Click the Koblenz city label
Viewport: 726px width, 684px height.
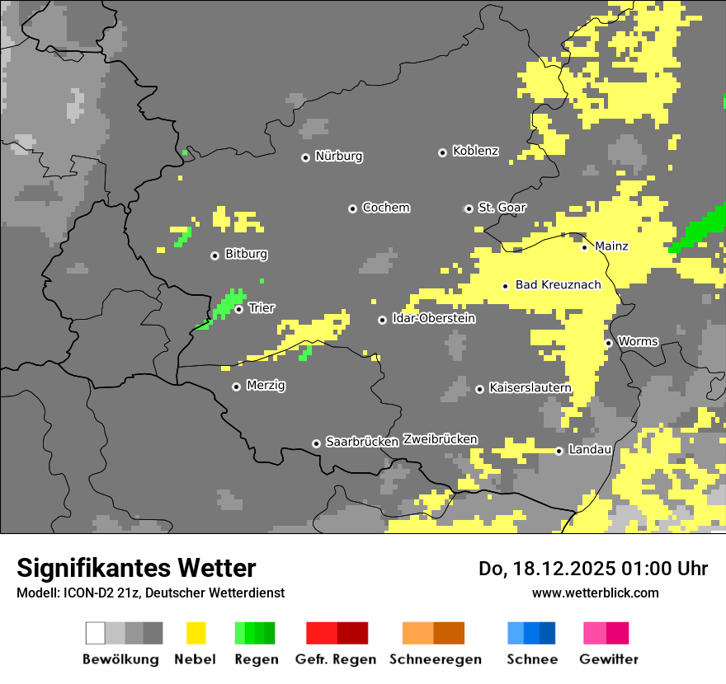pos(475,152)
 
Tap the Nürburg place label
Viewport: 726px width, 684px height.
pos(338,157)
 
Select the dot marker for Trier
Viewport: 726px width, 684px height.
pos(238,309)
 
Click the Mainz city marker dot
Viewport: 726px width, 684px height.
pos(584,247)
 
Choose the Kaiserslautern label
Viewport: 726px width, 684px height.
pos(530,388)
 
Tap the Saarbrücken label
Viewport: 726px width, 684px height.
pos(362,443)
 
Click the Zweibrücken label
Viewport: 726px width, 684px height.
pos(440,440)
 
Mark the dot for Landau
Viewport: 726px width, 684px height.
pos(559,451)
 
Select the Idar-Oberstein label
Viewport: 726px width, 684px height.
pos(433,319)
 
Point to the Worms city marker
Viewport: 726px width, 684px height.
pos(608,343)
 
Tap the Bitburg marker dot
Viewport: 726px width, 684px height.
pos(214,255)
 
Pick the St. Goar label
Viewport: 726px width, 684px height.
pos(502,208)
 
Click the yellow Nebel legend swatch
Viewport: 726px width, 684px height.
pos(196,633)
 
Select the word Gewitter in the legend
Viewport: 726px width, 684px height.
pos(608,659)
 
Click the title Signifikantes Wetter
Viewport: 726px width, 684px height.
pos(136,568)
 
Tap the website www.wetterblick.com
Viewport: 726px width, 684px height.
pos(595,593)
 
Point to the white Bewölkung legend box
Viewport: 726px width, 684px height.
pos(96,633)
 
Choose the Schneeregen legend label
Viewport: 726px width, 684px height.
pos(435,659)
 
